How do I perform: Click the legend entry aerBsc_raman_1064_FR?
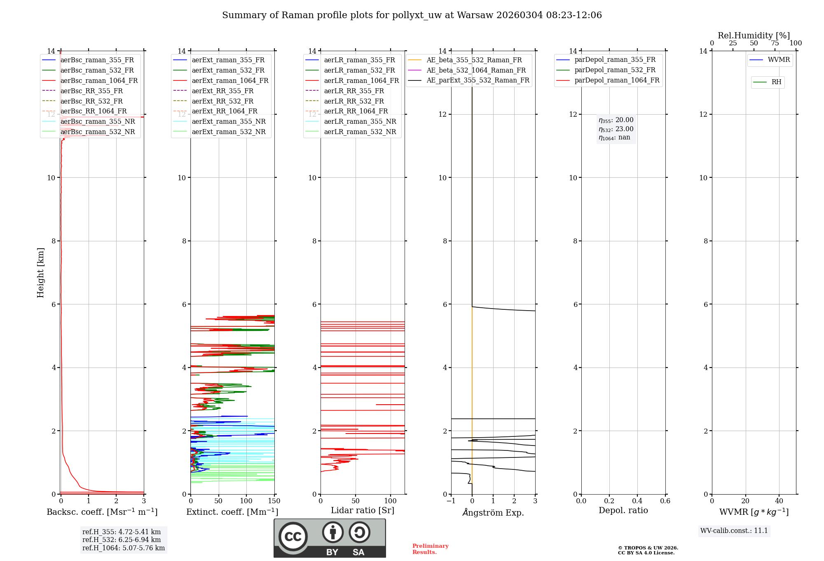pos(99,81)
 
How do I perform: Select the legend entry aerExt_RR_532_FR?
pos(222,101)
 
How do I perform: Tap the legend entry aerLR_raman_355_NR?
pos(360,122)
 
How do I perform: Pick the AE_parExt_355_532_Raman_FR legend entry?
pos(478,80)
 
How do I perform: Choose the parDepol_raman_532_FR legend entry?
pos(615,70)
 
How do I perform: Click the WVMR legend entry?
pos(779,60)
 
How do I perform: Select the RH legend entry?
pos(776,82)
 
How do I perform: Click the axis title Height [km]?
pos(40,273)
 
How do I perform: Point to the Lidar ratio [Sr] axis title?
pos(363,511)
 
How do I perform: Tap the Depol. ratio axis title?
pos(623,511)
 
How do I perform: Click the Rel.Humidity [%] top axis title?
pos(754,35)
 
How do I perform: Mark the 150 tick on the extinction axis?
pos(274,501)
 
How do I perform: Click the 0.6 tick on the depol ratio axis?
pos(665,501)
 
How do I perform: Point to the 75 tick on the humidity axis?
pos(775,43)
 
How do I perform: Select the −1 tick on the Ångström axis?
pos(451,501)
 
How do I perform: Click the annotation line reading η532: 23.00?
pos(616,129)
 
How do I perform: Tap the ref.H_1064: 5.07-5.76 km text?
pos(124,548)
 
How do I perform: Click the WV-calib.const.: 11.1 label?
pos(734,531)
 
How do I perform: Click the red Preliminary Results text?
pos(430,549)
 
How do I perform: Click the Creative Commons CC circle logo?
pos(293,537)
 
